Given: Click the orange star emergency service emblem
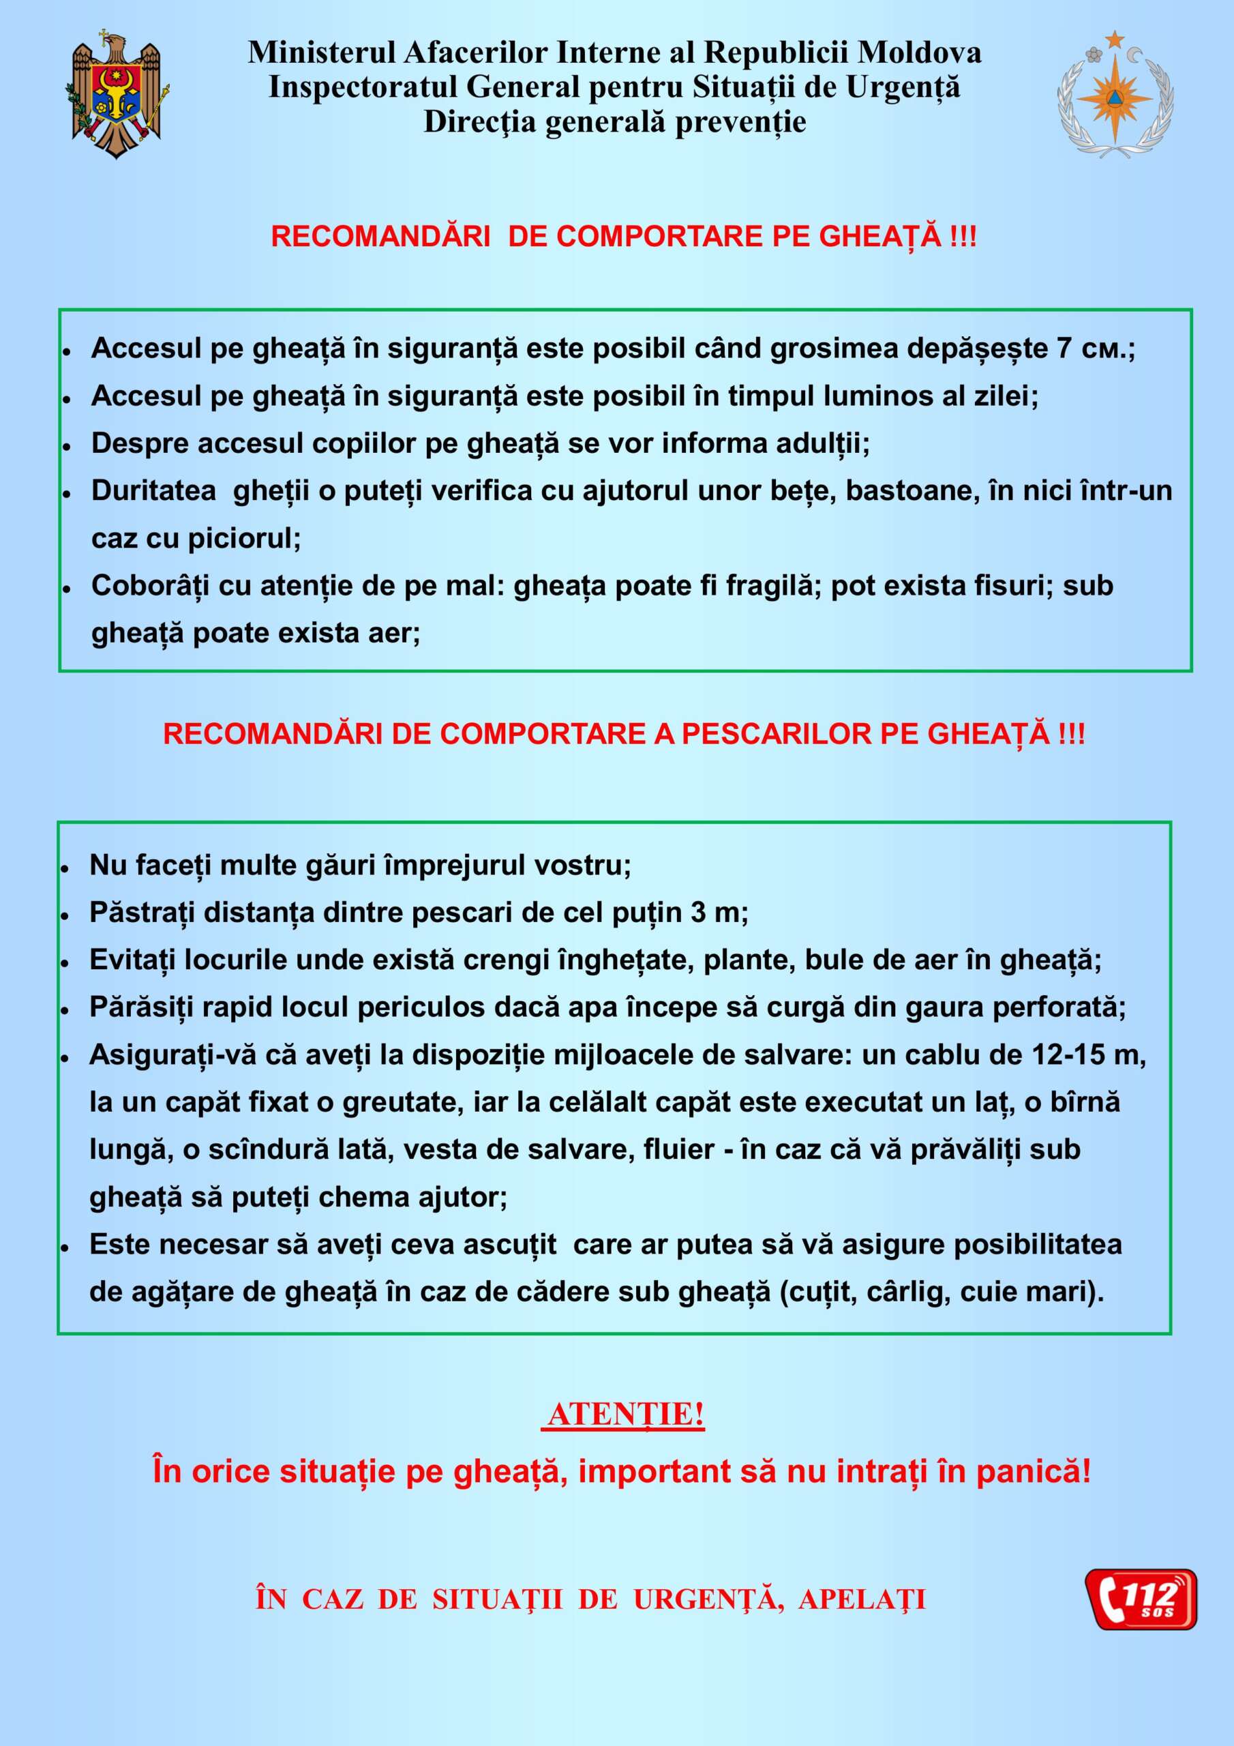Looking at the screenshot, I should tap(1115, 95).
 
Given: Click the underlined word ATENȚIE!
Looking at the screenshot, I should tap(625, 1415).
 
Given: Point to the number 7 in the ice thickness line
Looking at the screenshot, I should tap(1064, 349).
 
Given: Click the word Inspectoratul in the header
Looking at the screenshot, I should tap(363, 87).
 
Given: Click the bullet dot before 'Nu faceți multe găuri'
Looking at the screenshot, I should tap(65, 868).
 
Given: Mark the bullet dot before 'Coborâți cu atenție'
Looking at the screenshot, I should tap(67, 589).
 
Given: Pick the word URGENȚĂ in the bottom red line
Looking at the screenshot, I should tap(708, 1599).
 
